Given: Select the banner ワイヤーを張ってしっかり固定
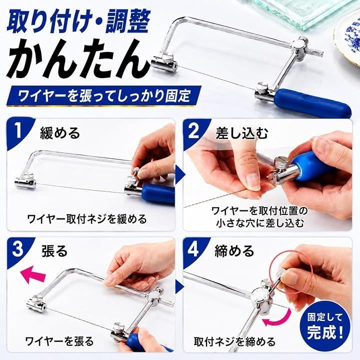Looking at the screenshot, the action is click(x=104, y=95).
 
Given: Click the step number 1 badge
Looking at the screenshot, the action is click(x=19, y=131).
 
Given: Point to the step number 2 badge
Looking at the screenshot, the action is click(x=194, y=131).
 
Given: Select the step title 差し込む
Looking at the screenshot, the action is click(x=242, y=133).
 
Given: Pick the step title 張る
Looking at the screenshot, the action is click(x=54, y=250).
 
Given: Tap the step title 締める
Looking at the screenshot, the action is click(x=234, y=250).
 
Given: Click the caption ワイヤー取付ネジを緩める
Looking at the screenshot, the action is click(x=87, y=219).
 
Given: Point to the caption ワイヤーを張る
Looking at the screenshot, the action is click(x=59, y=341).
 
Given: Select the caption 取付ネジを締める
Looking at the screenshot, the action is click(x=234, y=341).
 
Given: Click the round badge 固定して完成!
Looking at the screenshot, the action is click(x=325, y=326).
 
